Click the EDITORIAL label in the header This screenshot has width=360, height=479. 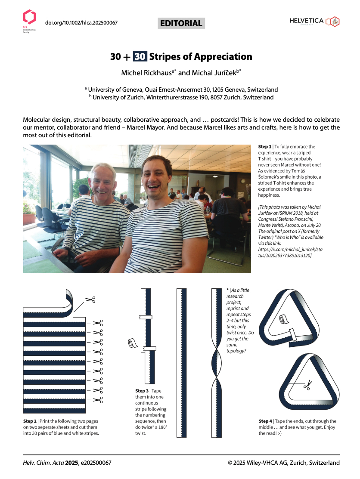pyautogui.click(x=181, y=23)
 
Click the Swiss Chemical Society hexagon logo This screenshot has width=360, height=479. pyautogui.click(x=29, y=17)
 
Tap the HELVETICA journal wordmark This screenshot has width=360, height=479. pyautogui.click(x=306, y=21)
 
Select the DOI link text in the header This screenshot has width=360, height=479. pyautogui.click(x=81, y=23)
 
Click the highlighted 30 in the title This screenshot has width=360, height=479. pyautogui.click(x=140, y=56)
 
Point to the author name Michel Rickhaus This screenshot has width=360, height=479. pyautogui.click(x=146, y=73)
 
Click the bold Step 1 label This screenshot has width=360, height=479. pyautogui.click(x=265, y=147)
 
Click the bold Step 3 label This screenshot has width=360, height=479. pyautogui.click(x=143, y=391)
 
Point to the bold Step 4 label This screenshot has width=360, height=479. pyautogui.click(x=265, y=421)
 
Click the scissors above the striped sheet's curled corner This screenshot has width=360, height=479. pyautogui.click(x=90, y=299)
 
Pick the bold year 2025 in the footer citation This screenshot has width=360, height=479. pyautogui.click(x=71, y=463)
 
